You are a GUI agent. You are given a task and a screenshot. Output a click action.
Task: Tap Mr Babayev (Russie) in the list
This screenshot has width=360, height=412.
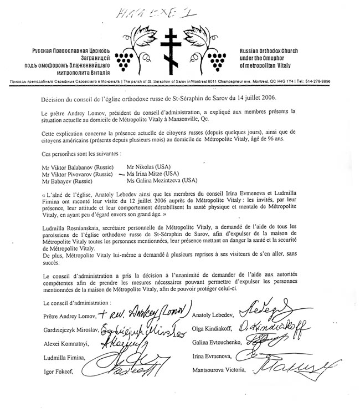[68, 180]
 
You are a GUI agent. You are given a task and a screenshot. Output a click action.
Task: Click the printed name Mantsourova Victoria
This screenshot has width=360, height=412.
[219, 368]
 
